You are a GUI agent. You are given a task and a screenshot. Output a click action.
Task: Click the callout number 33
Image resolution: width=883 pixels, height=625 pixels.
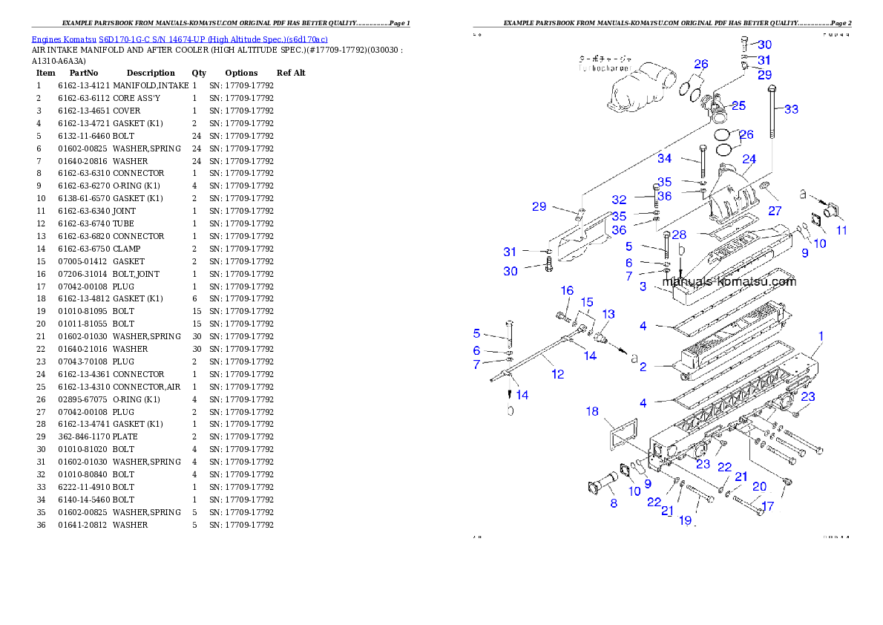792,109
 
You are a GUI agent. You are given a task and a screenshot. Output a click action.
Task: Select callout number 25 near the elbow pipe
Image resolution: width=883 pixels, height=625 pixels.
738,105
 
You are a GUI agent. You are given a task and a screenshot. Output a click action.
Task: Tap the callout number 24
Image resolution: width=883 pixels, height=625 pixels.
749,160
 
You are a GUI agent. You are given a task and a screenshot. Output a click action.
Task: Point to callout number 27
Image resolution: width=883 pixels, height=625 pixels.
775,212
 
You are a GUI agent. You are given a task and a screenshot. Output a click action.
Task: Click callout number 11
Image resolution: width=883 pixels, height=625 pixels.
841,230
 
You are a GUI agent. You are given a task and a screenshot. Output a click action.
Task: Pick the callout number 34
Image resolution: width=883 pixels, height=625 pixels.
664,158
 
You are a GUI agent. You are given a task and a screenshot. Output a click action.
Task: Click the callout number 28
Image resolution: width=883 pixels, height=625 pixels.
679,235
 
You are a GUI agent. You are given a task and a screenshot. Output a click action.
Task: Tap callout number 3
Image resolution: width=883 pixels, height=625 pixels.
643,286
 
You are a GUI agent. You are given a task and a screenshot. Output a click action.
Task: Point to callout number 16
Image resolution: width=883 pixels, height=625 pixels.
567,290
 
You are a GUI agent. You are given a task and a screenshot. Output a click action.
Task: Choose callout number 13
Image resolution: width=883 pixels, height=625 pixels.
608,314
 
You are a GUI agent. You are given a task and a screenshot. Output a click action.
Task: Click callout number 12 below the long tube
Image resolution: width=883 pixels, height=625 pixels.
558,374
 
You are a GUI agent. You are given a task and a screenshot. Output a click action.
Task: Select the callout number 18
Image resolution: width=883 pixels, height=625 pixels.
592,410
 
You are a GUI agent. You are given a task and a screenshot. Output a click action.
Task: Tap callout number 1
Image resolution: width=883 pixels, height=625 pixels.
821,336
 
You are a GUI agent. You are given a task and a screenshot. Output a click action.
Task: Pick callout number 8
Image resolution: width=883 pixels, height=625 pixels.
613,503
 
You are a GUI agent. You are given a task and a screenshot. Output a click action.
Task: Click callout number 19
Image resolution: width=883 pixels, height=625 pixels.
685,520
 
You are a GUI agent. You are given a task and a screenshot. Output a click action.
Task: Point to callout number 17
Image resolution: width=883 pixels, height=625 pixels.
767,507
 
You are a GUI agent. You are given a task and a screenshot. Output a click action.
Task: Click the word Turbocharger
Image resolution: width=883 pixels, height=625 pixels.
604,68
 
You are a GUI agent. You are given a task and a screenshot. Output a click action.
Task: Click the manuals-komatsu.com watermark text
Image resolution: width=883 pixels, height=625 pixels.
729,281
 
